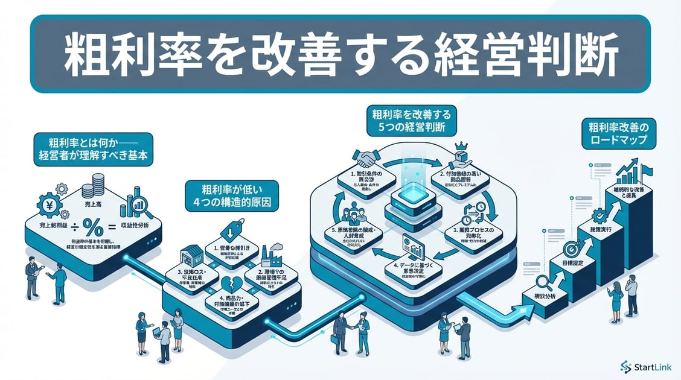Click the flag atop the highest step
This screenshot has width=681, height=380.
point(646,171)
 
